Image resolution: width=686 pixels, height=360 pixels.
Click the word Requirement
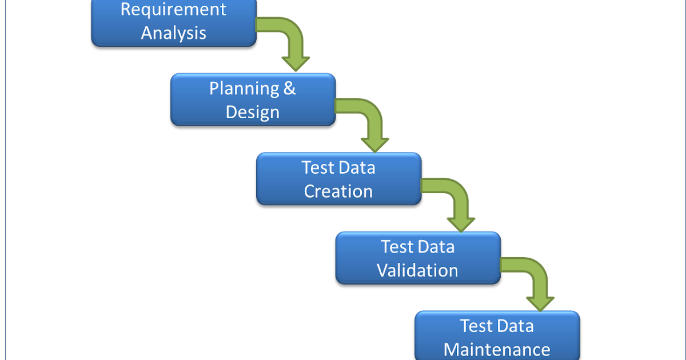pyautogui.click(x=173, y=10)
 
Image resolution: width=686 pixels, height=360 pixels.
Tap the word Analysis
pyautogui.click(x=173, y=33)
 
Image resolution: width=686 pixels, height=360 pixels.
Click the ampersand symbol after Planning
pyautogui.click(x=290, y=89)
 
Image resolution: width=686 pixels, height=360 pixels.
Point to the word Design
pyautogui.click(x=252, y=111)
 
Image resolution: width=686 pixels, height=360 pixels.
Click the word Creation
pyautogui.click(x=338, y=191)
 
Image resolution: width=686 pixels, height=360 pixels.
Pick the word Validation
pyautogui.click(x=417, y=270)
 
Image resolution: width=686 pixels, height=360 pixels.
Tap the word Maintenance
pyautogui.click(x=497, y=349)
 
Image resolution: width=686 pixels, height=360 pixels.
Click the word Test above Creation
pyautogui.click(x=317, y=168)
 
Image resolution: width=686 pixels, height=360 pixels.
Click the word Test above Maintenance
pyautogui.click(x=476, y=326)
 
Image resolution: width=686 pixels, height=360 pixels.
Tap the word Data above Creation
pyautogui.click(x=357, y=168)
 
